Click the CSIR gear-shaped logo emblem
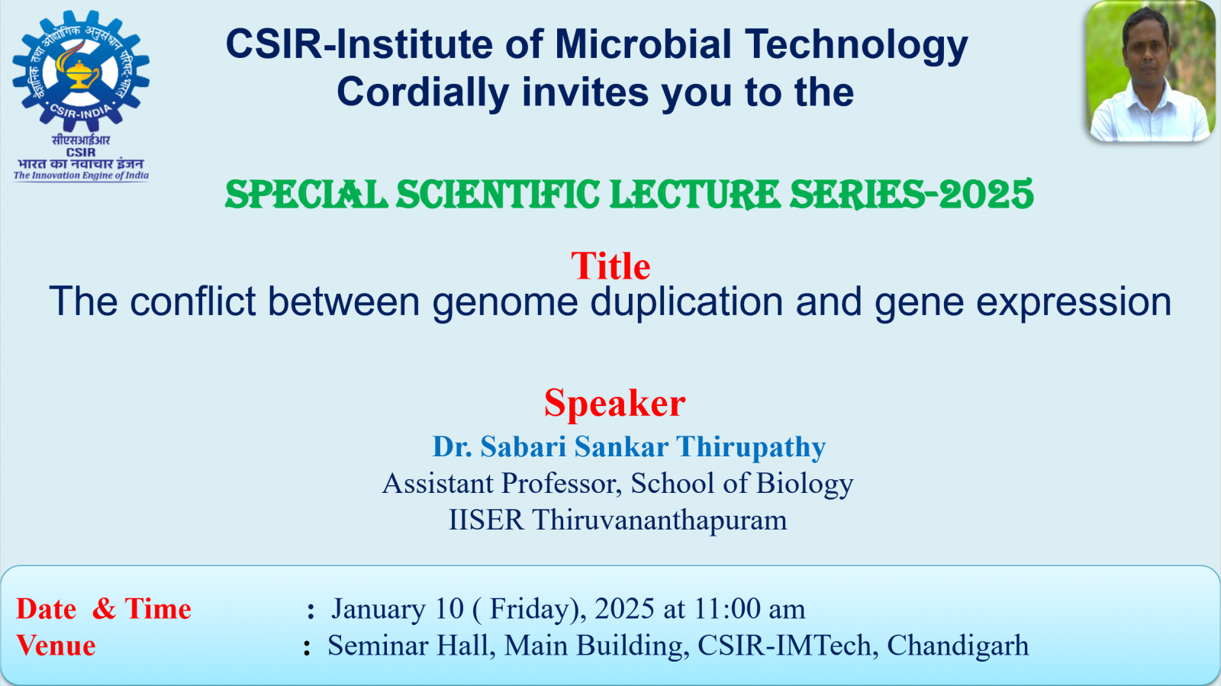(81, 71)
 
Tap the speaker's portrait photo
(1151, 72)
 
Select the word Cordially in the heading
(423, 92)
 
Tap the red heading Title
(610, 266)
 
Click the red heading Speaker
(615, 403)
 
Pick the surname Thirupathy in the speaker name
(751, 447)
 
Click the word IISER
(485, 520)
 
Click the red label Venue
(56, 646)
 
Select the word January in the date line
(379, 609)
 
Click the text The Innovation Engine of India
(81, 176)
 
